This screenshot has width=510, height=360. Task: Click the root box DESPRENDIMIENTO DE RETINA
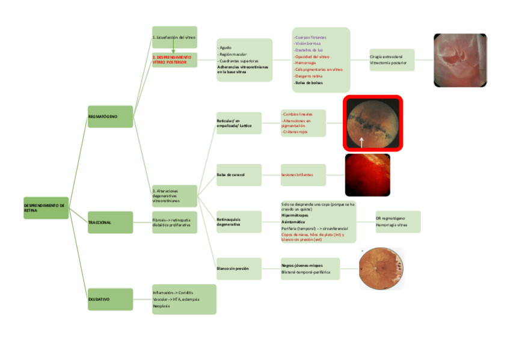pyautogui.click(x=46, y=207)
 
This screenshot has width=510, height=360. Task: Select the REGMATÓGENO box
pyautogui.click(x=110, y=116)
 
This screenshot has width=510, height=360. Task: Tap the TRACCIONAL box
pyautogui.click(x=110, y=222)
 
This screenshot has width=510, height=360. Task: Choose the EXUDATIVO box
pyautogui.click(x=110, y=299)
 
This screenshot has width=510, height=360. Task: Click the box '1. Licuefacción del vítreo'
pyautogui.click(x=174, y=37)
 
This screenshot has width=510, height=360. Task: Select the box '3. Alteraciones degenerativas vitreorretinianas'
pyautogui.click(x=174, y=196)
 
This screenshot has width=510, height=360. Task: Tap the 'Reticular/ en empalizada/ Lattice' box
pyautogui.click(x=239, y=123)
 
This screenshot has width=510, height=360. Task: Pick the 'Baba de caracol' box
pyautogui.click(x=239, y=175)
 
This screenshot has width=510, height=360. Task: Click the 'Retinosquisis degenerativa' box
pyautogui.click(x=239, y=222)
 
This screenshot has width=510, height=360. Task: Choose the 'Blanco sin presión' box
pyautogui.click(x=239, y=268)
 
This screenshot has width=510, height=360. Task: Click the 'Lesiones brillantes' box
pyautogui.click(x=303, y=175)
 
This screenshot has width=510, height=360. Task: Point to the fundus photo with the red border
pyautogui.click(x=373, y=123)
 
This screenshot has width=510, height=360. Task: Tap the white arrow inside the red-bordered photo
pyautogui.click(x=361, y=141)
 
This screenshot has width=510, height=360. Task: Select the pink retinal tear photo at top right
pyautogui.click(x=459, y=60)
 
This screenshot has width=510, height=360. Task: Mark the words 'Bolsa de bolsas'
pyautogui.click(x=308, y=83)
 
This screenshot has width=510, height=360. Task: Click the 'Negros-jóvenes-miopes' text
pyautogui.click(x=302, y=265)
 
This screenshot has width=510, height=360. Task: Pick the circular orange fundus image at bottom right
pyautogui.click(x=381, y=269)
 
